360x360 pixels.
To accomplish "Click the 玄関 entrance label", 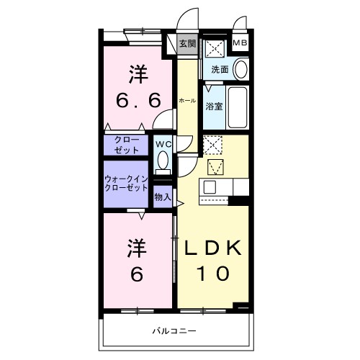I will (x=187, y=44).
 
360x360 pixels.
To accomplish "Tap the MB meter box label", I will (x=240, y=44).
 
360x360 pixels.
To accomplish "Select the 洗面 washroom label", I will (x=220, y=70).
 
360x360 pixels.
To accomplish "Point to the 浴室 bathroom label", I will (x=214, y=107).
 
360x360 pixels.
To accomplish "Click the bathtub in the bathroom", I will (x=237, y=108).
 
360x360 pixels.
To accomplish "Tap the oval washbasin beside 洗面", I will (x=240, y=70).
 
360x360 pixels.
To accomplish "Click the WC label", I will (x=163, y=143).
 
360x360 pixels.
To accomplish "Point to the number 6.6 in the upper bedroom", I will (x=138, y=101).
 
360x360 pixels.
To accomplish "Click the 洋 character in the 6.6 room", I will (x=138, y=74).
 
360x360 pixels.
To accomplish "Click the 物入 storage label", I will (x=163, y=196).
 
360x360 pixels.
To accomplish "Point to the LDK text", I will (x=213, y=248).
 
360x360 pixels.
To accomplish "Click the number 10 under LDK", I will (x=212, y=274).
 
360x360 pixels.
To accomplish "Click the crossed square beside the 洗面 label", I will (x=215, y=48).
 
